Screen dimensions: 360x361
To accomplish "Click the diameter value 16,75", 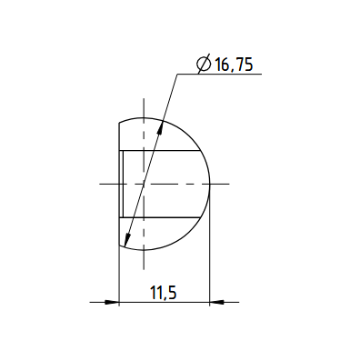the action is (234, 65).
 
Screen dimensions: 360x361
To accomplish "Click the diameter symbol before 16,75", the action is (204, 64).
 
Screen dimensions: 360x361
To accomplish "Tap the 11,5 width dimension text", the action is (164, 293).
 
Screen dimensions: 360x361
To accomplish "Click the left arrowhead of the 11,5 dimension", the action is (112, 302).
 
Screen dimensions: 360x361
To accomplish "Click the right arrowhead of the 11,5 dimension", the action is (216, 302).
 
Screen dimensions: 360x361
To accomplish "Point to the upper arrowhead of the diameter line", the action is (161, 128).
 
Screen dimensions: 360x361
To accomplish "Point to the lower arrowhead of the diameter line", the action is (127, 238).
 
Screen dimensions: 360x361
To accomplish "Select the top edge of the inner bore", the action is (160, 151).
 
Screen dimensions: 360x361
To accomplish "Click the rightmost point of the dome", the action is (210, 184).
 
